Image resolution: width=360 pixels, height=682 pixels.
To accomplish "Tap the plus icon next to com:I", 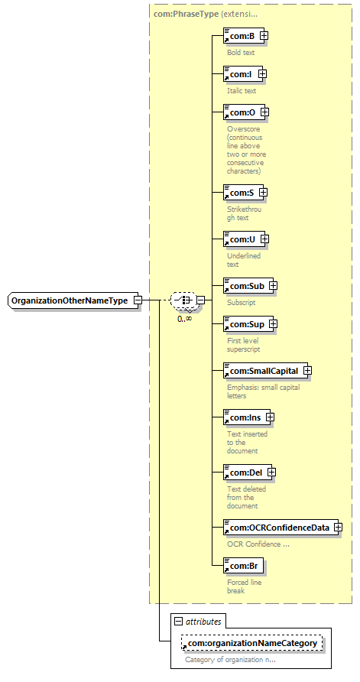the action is click(x=262, y=74).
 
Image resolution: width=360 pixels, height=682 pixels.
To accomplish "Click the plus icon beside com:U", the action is click(x=264, y=239).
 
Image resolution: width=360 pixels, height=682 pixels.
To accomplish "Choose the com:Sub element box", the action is click(x=248, y=286).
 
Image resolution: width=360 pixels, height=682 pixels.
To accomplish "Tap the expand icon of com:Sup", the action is click(x=274, y=324).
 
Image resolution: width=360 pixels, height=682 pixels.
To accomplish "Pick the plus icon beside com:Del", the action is click(x=272, y=472).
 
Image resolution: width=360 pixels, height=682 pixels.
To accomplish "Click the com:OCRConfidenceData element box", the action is click(x=281, y=528).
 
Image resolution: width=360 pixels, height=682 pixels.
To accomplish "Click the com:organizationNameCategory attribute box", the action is click(x=252, y=643).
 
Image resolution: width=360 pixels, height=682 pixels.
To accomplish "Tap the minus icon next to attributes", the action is click(x=177, y=622).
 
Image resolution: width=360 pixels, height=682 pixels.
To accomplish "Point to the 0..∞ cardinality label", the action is click(x=185, y=318).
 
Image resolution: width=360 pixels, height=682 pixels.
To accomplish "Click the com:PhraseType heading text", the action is click(x=186, y=14).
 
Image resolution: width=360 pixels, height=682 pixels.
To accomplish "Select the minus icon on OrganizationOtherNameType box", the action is click(x=138, y=300).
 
